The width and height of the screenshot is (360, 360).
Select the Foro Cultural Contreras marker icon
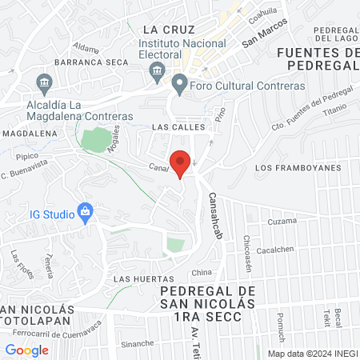tap(179, 83)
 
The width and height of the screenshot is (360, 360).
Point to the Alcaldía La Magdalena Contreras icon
tap(44, 82)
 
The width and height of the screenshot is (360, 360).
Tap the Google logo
tap(26, 350)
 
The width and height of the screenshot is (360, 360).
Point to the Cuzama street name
tap(282, 221)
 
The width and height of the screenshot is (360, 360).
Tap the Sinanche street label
tap(138, 344)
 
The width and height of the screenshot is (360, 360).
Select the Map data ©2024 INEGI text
tap(312, 353)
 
